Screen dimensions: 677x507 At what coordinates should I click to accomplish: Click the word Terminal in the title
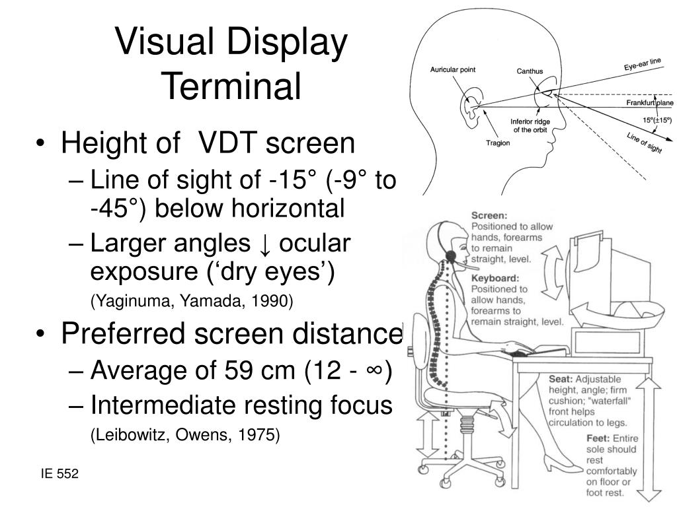coord(231,86)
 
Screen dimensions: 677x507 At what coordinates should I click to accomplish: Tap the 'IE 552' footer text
coord(59,473)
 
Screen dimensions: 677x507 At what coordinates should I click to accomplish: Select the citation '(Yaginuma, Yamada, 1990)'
coord(191,301)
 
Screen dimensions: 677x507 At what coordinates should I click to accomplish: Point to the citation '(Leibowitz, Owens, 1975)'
coord(185,435)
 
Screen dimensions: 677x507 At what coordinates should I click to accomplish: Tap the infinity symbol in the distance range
coord(374,372)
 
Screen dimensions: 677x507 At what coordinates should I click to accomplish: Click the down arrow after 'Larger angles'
coord(264,244)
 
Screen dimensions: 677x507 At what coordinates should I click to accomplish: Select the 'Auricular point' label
coord(453,69)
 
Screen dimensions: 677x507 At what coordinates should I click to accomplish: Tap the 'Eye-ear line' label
coord(643,65)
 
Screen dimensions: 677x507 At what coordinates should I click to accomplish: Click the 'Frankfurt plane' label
coord(650,104)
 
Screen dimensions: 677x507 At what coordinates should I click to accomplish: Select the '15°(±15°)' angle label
coord(657,119)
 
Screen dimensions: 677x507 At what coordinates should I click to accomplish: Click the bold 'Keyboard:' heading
coord(494,278)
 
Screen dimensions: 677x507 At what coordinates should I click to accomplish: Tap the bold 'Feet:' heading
coord(598,438)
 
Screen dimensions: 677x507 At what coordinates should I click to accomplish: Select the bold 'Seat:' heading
coord(561,380)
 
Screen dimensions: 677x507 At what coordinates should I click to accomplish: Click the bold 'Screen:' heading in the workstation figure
coord(489,215)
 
